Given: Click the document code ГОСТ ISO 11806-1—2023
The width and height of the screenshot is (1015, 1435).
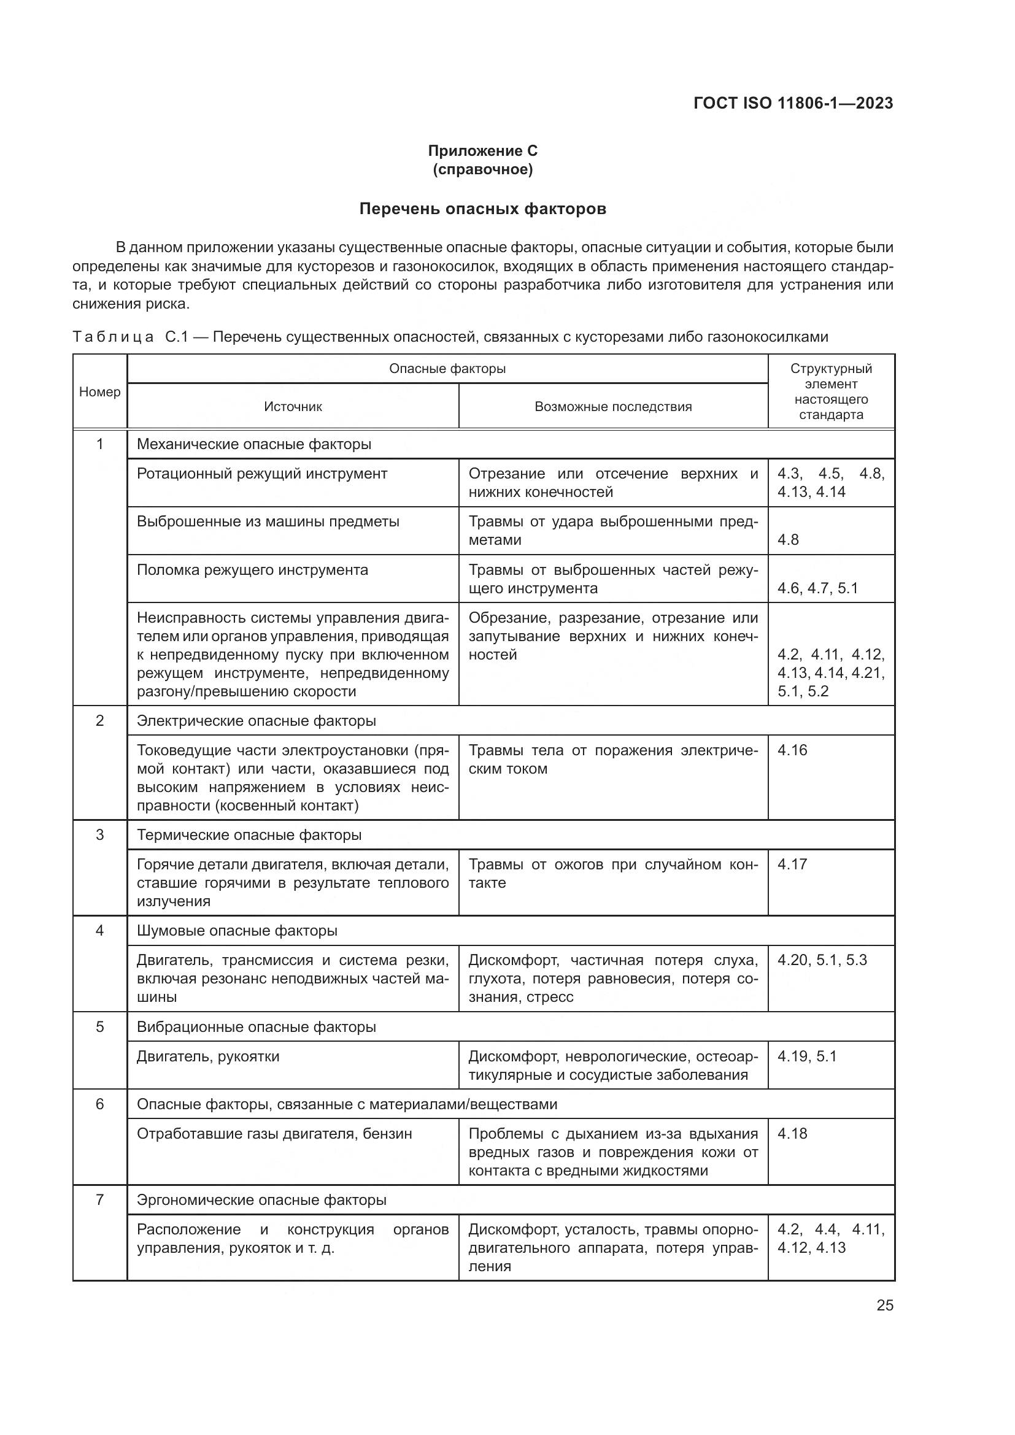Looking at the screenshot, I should tap(792, 103).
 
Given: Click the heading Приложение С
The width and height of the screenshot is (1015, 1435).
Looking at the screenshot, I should tap(482, 151).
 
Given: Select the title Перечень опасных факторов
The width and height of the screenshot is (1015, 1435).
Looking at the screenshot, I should tap(482, 209).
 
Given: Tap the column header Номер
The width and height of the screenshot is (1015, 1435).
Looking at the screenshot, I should tap(100, 392).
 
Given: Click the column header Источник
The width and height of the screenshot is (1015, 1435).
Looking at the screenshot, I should tap(293, 407).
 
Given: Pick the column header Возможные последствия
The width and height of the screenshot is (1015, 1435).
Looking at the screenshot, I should tap(612, 407).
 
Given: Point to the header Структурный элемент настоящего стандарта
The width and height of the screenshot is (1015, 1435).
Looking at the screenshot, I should tap(831, 392).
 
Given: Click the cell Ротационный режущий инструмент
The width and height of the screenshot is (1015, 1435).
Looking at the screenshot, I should tap(262, 474).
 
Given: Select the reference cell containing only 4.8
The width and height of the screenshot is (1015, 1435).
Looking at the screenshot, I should tap(788, 540).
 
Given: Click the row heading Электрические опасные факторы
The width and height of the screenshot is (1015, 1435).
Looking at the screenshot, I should tap(257, 721).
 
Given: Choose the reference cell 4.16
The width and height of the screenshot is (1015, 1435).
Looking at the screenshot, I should tap(792, 750).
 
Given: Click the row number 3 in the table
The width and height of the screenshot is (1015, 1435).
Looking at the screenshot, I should tap(100, 835).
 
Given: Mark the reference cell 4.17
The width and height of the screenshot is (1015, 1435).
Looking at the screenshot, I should tap(792, 864).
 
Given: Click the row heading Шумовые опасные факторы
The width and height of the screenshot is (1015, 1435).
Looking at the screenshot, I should tap(237, 931).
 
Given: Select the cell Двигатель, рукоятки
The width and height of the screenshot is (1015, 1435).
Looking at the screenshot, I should tap(208, 1057).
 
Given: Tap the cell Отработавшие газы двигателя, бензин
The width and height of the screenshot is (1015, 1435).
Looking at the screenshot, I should tap(274, 1134).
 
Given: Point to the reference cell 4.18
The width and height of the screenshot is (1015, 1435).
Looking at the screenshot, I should tap(792, 1134).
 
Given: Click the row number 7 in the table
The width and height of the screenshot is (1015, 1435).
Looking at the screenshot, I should tap(100, 1200).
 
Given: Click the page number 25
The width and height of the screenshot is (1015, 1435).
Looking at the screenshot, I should tap(884, 1306).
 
